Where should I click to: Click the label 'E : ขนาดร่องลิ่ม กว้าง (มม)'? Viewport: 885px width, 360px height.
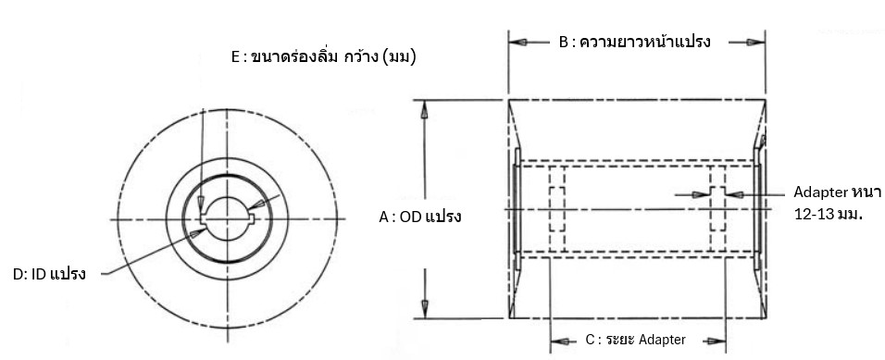pyautogui.click(x=322, y=57)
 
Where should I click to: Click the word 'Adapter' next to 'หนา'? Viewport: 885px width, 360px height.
pyautogui.click(x=814, y=193)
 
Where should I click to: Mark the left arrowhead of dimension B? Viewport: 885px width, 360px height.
pyautogui.click(x=517, y=43)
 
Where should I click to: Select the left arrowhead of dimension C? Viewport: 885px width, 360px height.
pyautogui.click(x=558, y=340)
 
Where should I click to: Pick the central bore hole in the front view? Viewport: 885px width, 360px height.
pyautogui.click(x=226, y=219)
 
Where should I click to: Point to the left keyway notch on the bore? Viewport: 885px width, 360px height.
pyautogui.click(x=203, y=218)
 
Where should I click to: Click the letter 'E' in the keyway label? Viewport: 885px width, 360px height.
pyautogui.click(x=235, y=57)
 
